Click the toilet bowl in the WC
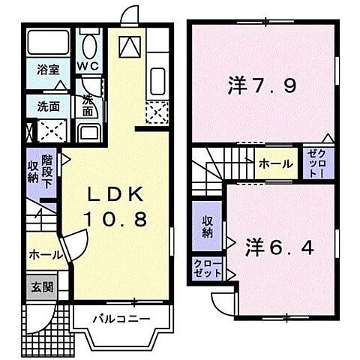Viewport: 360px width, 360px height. point(91,47)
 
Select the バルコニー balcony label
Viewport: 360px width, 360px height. point(121,319)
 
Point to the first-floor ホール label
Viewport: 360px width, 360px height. point(44,255)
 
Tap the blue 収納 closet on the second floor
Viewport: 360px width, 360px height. point(207,226)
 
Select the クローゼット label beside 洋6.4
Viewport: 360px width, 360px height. point(206,268)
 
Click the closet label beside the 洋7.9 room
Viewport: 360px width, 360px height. point(313,162)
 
